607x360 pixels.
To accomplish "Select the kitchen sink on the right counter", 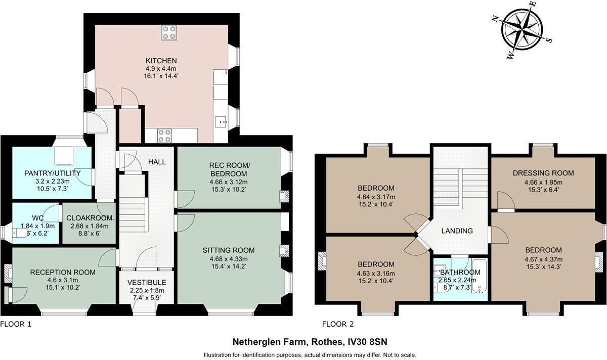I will [221, 122].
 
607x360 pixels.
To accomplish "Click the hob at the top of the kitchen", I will [169, 32].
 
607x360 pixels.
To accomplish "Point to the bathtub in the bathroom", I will [479, 275].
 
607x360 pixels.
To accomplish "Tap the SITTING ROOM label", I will [229, 250].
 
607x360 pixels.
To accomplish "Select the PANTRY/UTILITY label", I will [52, 173].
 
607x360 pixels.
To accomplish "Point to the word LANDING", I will [457, 231].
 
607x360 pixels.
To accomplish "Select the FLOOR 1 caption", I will [16, 324].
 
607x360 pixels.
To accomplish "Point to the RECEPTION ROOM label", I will [63, 272].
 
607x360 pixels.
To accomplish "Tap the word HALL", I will [157, 162].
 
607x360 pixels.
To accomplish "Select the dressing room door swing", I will [506, 200].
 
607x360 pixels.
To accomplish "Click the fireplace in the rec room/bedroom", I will [284, 195].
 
